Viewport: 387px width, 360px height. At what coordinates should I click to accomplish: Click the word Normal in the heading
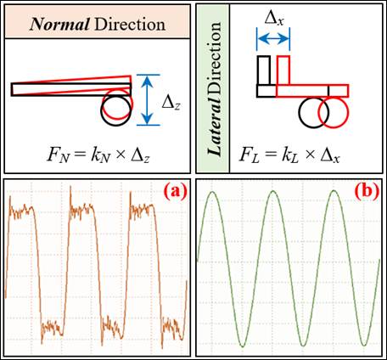click(59, 25)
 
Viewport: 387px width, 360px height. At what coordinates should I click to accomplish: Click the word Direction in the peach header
click(130, 25)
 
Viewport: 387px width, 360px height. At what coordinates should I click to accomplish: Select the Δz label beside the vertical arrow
click(171, 103)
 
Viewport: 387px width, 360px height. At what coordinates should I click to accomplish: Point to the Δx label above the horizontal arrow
click(274, 19)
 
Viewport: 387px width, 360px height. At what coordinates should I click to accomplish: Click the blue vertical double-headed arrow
click(148, 100)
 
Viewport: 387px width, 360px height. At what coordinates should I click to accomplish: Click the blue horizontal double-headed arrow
click(273, 39)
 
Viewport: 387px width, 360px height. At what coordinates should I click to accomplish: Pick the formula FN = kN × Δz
click(98, 155)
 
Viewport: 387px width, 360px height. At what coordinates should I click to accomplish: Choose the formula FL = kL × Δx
click(289, 155)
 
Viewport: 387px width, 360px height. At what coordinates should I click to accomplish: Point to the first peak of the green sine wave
click(212, 192)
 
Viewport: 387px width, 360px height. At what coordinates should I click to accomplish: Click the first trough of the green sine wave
click(243, 346)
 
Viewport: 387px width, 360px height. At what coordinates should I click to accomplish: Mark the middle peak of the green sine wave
click(273, 191)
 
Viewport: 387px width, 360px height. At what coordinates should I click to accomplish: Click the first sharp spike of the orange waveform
click(10, 197)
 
